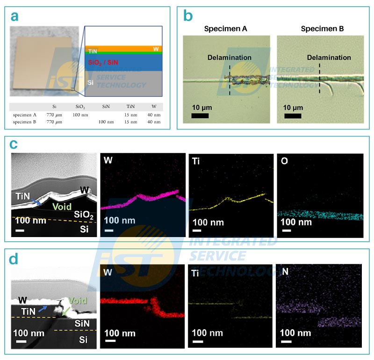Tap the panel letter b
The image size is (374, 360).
click(x=188, y=16)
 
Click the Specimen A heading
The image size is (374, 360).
click(x=226, y=29)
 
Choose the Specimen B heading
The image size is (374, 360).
click(x=322, y=29)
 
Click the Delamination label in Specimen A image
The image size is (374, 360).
click(x=230, y=58)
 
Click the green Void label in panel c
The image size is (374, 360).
click(x=62, y=206)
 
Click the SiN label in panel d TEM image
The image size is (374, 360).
click(x=84, y=324)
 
